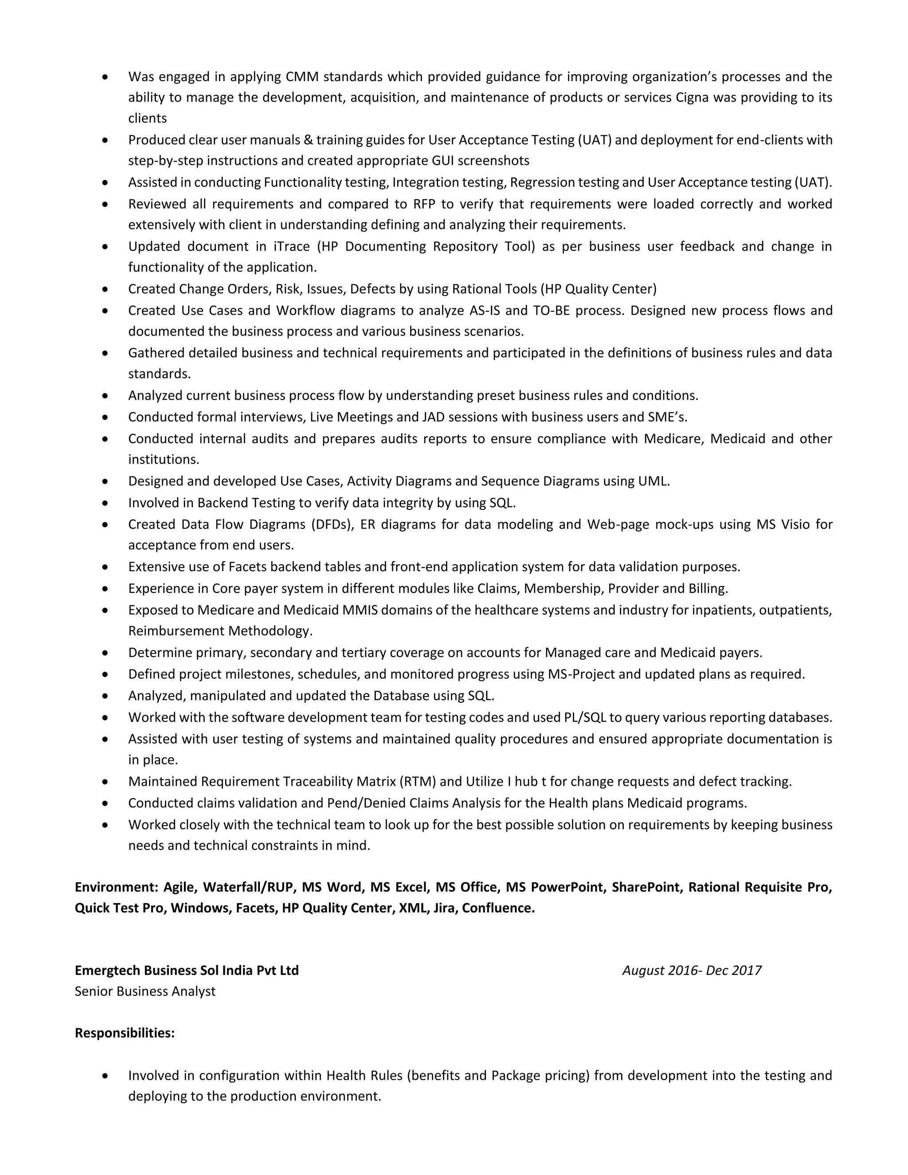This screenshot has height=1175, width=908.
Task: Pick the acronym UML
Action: (x=653, y=481)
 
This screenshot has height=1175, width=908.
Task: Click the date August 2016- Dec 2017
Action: (x=691, y=971)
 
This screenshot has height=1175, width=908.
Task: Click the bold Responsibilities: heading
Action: (x=124, y=1033)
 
